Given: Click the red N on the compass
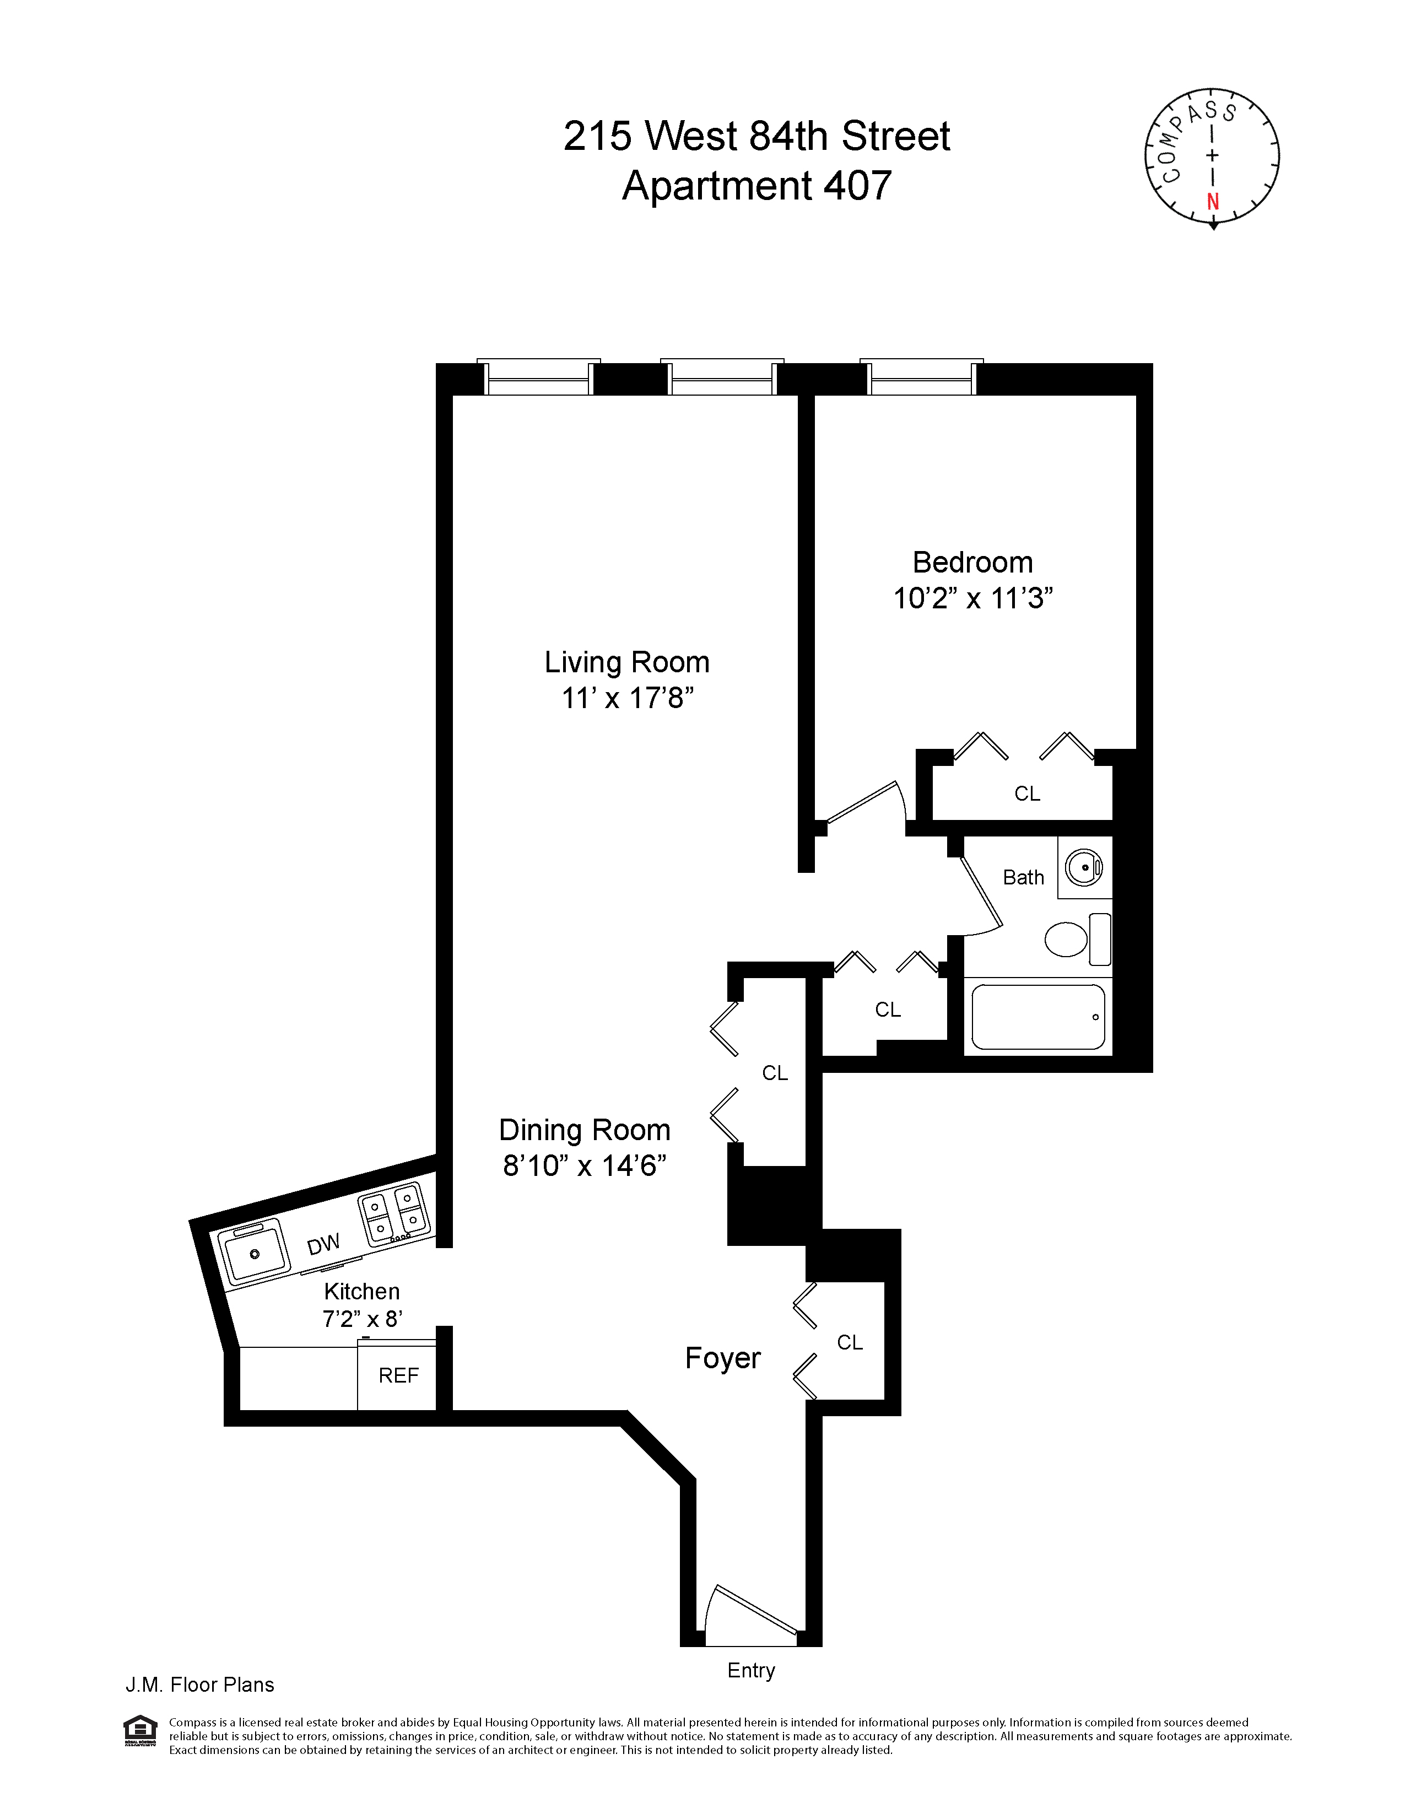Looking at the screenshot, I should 1213,202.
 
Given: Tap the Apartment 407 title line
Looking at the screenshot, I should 756,185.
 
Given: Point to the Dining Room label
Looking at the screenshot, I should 584,1130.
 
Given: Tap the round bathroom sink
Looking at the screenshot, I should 1084,868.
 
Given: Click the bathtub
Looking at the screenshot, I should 1037,1017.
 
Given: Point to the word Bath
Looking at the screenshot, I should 1023,877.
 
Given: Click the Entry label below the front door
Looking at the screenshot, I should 750,1670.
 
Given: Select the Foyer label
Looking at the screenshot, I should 722,1358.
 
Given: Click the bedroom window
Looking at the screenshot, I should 921,379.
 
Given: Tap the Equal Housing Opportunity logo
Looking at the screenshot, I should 139,1729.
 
